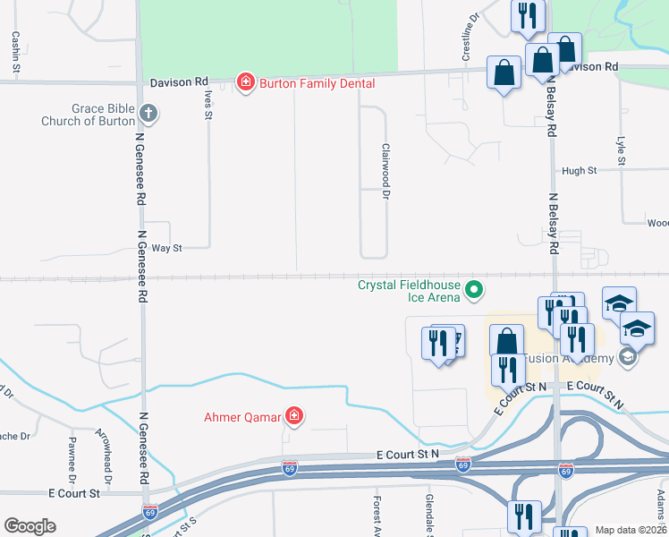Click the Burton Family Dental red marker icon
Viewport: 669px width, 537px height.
coord(244,82)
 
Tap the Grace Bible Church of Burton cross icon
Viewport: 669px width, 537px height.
coord(148,114)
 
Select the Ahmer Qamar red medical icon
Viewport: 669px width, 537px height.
coord(292,415)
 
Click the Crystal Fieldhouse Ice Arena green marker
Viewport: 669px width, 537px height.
coord(475,289)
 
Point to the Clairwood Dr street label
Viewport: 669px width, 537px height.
coord(386,172)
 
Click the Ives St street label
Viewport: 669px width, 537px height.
coord(208,104)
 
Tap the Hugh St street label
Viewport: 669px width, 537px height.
coord(579,171)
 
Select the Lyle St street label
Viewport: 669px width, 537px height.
coord(620,151)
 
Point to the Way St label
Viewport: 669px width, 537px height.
coord(166,248)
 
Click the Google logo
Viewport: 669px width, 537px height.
coord(30,526)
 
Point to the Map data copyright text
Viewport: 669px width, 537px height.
coord(631,530)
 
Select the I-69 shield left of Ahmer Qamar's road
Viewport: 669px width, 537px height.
coord(149,513)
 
